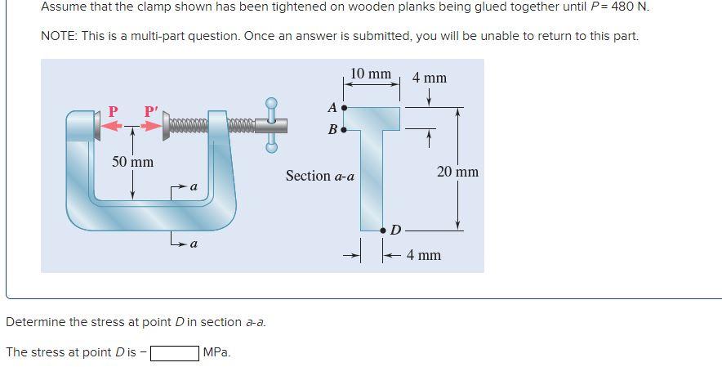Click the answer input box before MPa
pos(174,353)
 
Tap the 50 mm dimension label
pos(132,162)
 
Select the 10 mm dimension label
pos(370,74)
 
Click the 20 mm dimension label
pos(457,172)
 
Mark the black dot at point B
pos(344,129)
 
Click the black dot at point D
pos(383,231)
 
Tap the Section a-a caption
pos(319,176)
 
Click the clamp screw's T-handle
pos(272,125)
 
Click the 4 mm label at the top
pos(429,78)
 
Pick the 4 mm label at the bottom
pos(423,256)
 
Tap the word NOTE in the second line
pos(58,37)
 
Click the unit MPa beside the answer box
pos(216,353)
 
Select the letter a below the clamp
pos(194,244)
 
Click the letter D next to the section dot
pos(395,230)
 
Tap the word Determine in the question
pos(35,322)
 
